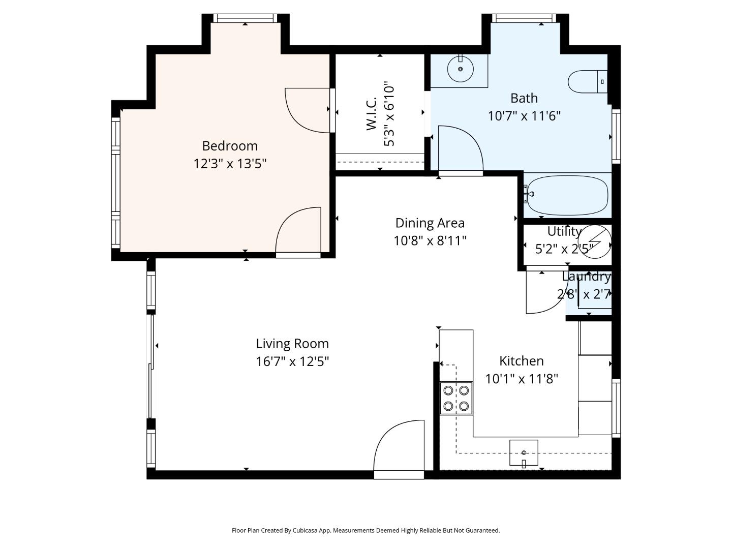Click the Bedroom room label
[230, 146]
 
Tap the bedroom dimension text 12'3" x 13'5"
[230, 164]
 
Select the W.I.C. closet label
[372, 114]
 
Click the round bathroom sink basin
[460, 69]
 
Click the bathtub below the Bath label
[567, 196]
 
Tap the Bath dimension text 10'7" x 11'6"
[524, 116]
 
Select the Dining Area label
[430, 223]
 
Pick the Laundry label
[586, 277]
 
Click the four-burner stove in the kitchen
[456, 398]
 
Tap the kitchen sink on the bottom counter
[524, 452]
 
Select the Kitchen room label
[521, 361]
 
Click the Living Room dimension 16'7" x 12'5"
[292, 361]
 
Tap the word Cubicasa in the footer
[305, 530]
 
